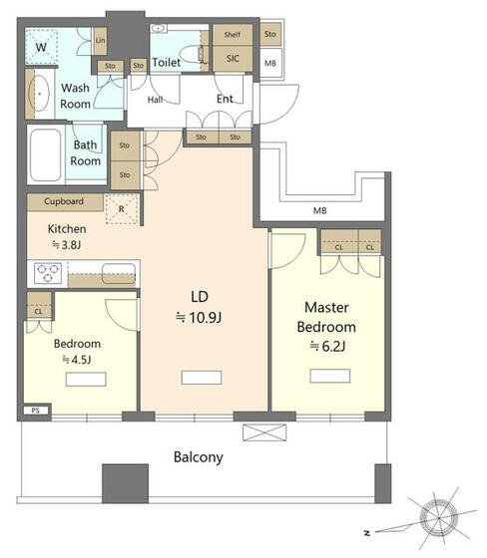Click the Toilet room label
167,63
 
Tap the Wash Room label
75,95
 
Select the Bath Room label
86,152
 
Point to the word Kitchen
68,227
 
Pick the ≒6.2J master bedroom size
326,345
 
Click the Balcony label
199,457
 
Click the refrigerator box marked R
122,209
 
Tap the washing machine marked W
42,47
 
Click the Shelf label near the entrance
232,34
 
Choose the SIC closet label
232,57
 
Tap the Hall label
157,100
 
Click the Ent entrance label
226,99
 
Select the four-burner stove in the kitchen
49,270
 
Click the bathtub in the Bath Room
46,154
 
